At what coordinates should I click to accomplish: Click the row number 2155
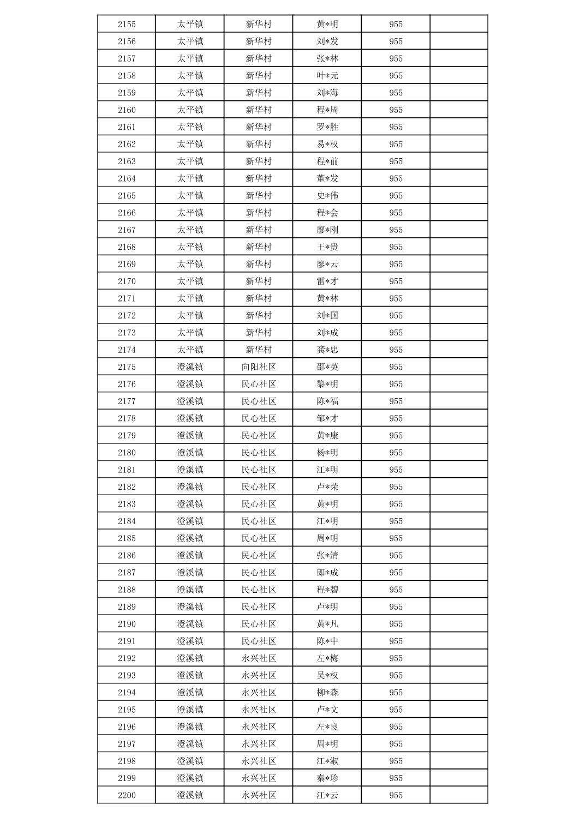click(127, 24)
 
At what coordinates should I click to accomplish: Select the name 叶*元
click(327, 76)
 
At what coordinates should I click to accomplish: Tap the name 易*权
click(327, 144)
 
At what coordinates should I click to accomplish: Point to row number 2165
click(127, 195)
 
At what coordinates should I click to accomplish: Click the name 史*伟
click(327, 195)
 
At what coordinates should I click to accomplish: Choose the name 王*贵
click(327, 247)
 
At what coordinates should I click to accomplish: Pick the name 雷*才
click(327, 281)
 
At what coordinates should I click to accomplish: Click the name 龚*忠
click(327, 350)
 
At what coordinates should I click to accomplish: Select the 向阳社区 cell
click(259, 367)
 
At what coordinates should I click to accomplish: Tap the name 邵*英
click(327, 367)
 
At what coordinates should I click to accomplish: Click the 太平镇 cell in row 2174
click(190, 350)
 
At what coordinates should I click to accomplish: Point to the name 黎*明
click(327, 384)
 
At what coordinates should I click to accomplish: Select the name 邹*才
click(327, 418)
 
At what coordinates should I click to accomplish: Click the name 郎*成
click(327, 573)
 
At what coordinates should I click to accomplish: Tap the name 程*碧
click(327, 590)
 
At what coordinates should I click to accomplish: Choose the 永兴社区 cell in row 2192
click(259, 658)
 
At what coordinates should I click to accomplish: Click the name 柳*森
click(327, 693)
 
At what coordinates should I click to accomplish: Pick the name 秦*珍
click(327, 778)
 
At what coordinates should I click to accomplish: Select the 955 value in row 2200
click(396, 795)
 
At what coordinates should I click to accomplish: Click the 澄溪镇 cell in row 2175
click(190, 367)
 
